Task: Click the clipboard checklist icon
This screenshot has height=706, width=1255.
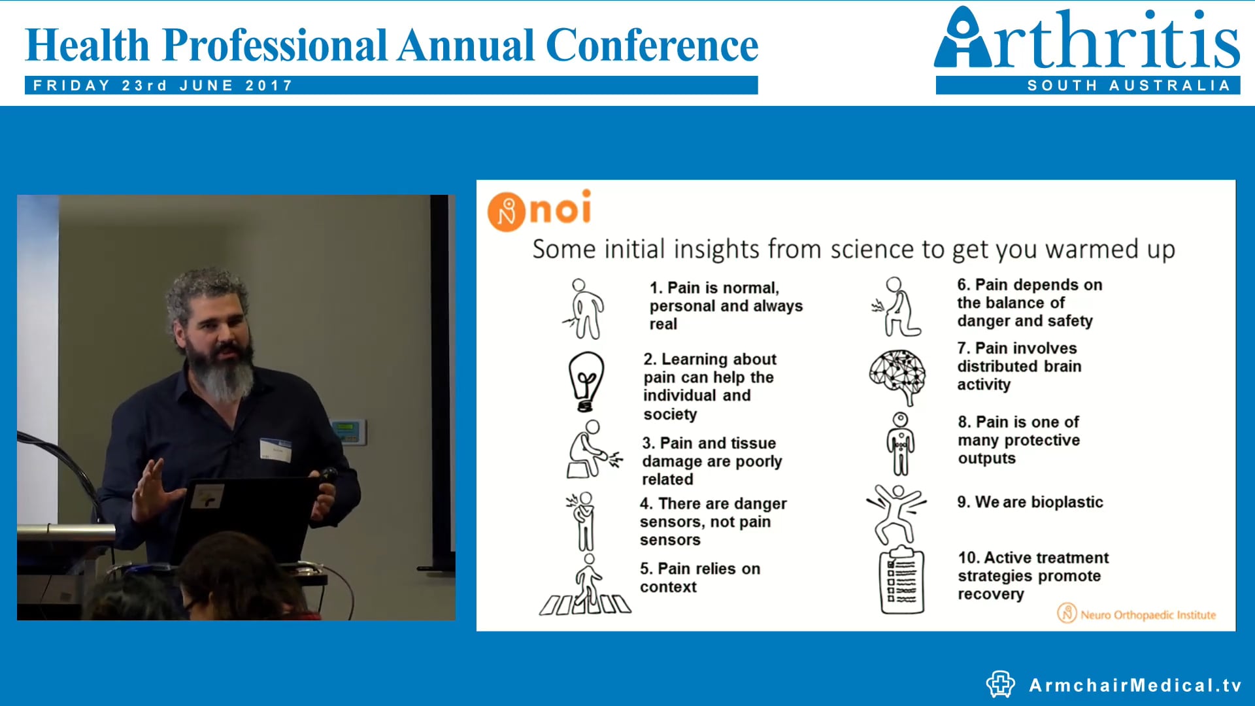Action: pos(902,580)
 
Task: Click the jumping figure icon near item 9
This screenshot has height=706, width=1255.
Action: pos(896,513)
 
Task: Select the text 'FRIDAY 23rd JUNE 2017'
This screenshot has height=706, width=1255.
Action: pos(163,86)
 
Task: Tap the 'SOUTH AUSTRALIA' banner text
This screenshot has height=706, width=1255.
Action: pos(1129,86)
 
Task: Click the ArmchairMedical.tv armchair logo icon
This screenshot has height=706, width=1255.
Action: pos(1000,684)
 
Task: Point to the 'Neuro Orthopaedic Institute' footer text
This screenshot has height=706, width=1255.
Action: pos(1148,614)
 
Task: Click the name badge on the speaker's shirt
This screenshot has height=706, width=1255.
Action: pos(275,450)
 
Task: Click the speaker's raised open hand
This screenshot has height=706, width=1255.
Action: pos(152,492)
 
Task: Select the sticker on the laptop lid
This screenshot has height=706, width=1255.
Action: pos(208,498)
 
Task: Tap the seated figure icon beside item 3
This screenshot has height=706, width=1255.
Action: pos(590,450)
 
